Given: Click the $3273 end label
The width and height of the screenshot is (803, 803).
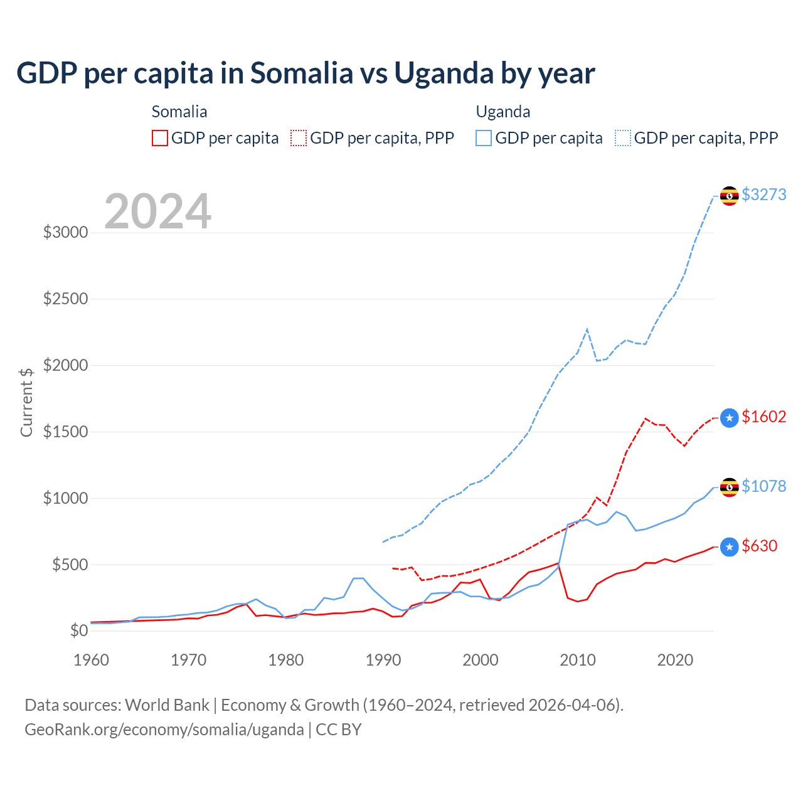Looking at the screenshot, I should (763, 194).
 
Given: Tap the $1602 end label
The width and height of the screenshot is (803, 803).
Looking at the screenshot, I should (763, 417).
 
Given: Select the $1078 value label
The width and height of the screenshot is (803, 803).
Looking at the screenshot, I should (763, 486).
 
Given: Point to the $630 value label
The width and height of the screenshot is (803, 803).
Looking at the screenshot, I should (759, 546).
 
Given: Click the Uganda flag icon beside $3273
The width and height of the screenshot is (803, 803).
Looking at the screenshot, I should (729, 196).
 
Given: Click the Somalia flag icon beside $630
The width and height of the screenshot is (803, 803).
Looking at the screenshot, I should (729, 547).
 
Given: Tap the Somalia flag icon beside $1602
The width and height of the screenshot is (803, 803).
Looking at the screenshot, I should (729, 418).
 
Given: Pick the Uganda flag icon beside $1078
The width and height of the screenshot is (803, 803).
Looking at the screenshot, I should (729, 487).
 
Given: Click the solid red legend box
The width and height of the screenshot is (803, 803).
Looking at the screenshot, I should (160, 138).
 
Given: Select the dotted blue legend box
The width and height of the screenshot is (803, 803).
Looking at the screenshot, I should (623, 138).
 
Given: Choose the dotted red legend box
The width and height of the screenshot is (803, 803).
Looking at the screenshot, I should (299, 138).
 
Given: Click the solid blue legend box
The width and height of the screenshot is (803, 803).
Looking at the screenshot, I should (484, 138).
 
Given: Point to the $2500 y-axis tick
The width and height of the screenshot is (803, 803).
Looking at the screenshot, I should (65, 299).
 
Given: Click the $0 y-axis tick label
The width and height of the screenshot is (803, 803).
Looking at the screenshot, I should (79, 630).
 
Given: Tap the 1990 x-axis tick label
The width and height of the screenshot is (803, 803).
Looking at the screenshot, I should (383, 660).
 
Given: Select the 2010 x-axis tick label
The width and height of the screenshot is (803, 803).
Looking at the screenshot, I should (578, 660).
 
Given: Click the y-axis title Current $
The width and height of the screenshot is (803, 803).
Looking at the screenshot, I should (26, 402).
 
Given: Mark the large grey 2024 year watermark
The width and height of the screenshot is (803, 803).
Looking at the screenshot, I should (157, 211).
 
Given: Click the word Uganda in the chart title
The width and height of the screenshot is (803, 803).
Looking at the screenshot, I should (444, 73).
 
